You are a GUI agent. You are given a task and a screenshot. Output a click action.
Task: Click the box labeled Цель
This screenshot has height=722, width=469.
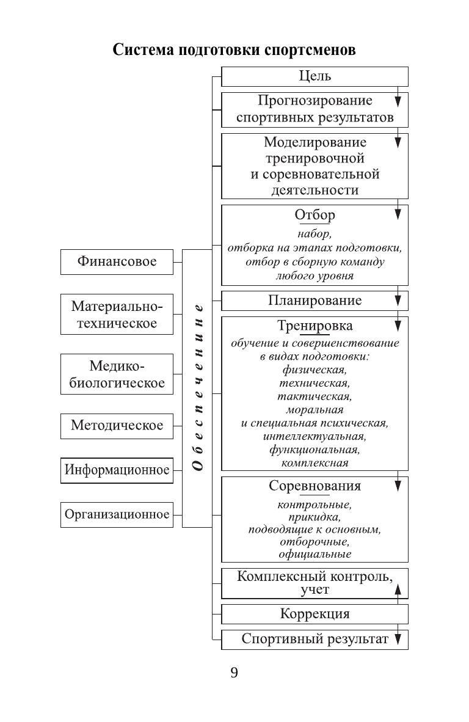pyautogui.click(x=314, y=76)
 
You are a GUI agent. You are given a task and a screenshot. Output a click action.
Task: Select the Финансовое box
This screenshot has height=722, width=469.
pyautogui.click(x=117, y=262)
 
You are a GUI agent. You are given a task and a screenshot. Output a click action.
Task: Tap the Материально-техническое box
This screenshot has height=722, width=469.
pyautogui.click(x=117, y=314)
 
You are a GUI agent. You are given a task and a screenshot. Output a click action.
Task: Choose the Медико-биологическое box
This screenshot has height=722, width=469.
pyautogui.click(x=117, y=374)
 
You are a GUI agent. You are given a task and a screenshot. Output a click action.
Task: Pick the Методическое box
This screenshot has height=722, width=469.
pyautogui.click(x=117, y=425)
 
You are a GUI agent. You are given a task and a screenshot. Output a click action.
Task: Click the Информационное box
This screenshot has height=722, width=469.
pyautogui.click(x=117, y=470)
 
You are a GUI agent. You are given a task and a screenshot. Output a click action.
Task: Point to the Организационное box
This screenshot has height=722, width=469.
pyautogui.click(x=117, y=514)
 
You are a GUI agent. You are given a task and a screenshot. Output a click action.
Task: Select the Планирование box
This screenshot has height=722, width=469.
pyautogui.click(x=314, y=301)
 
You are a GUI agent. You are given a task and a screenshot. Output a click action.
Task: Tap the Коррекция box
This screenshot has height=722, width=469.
pyautogui.click(x=314, y=614)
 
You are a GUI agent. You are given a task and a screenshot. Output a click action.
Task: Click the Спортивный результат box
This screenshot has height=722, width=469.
pyautogui.click(x=314, y=640)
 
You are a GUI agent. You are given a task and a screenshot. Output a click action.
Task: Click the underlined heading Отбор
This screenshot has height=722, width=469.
pyautogui.click(x=314, y=216)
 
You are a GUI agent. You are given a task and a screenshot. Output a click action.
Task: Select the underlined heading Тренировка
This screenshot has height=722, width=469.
pyautogui.click(x=314, y=326)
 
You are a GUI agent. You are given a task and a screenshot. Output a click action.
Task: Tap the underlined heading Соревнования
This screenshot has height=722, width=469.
pyautogui.click(x=314, y=486)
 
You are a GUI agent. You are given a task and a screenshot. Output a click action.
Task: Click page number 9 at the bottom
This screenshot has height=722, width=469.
pyautogui.click(x=234, y=673)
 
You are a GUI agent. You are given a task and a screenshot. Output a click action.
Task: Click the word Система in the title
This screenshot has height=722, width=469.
pyautogui.click(x=143, y=50)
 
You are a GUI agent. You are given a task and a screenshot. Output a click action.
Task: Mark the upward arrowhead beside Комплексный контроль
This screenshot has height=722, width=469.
pyautogui.click(x=398, y=588)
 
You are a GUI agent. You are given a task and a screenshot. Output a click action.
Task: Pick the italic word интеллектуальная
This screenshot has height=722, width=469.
pyautogui.click(x=314, y=437)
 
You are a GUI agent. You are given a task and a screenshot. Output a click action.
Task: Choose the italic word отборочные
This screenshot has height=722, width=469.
pyautogui.click(x=314, y=542)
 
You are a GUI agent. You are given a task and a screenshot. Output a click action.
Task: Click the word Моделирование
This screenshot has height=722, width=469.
pyautogui.click(x=315, y=142)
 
